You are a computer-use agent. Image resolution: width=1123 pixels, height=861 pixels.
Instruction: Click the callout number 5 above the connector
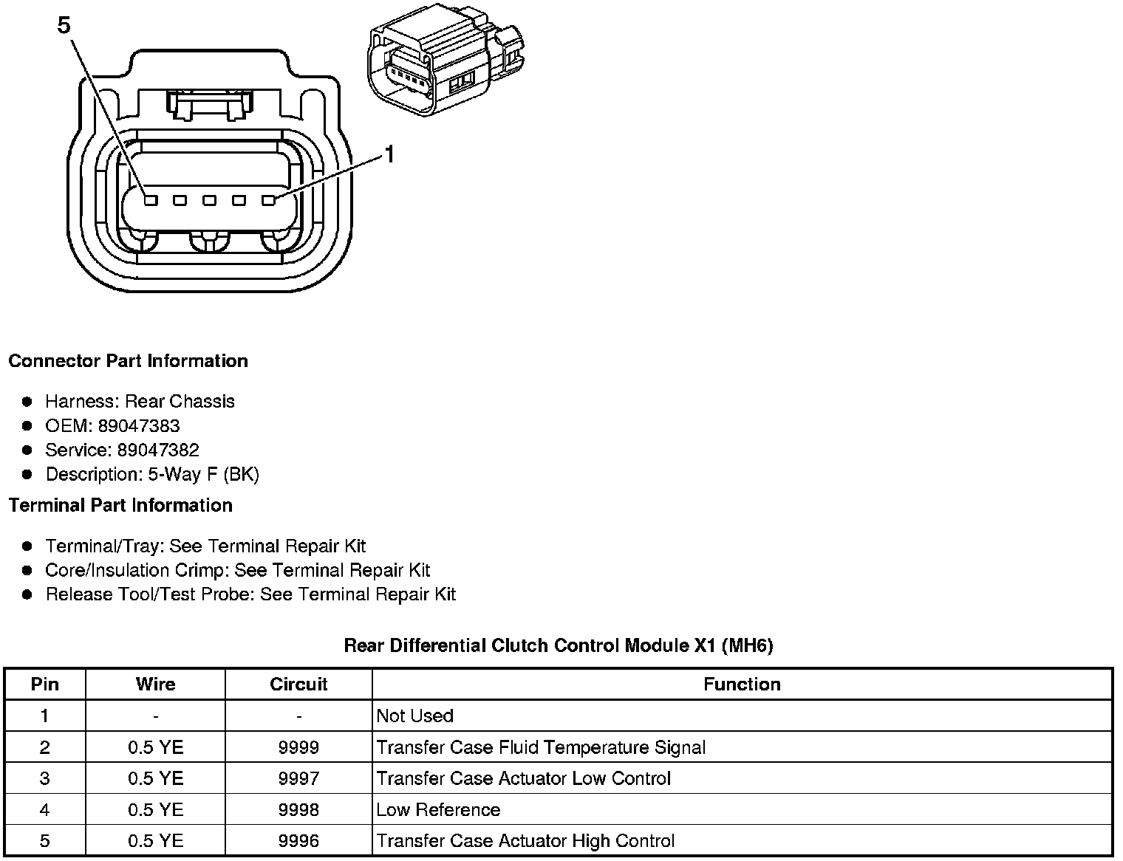click(x=64, y=26)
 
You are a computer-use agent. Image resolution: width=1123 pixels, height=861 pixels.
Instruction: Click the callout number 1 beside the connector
click(x=389, y=154)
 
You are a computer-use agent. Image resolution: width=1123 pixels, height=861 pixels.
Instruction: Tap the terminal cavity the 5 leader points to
click(x=151, y=200)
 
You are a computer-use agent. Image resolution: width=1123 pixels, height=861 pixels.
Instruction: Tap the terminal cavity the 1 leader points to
click(x=268, y=200)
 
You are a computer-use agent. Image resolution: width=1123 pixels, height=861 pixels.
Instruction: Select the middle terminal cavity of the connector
click(x=210, y=200)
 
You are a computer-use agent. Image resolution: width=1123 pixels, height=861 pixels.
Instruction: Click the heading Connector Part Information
click(x=128, y=361)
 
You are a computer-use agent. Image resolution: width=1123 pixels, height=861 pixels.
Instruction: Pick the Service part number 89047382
click(x=158, y=450)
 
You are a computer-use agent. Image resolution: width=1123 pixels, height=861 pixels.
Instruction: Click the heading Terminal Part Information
click(x=120, y=505)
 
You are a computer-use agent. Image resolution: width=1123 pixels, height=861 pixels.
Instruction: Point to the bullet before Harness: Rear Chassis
click(x=27, y=402)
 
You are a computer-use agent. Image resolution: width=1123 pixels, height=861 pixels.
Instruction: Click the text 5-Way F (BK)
click(x=204, y=475)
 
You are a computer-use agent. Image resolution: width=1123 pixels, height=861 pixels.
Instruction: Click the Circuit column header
click(x=298, y=685)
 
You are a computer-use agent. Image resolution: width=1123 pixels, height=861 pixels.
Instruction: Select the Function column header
click(x=742, y=685)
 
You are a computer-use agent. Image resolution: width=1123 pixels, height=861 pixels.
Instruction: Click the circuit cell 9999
click(x=298, y=747)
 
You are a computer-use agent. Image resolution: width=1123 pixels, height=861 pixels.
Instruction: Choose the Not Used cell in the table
click(x=414, y=716)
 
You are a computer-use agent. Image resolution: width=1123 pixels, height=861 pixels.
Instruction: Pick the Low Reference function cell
click(x=438, y=810)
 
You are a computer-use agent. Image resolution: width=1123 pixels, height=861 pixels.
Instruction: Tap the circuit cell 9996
click(x=298, y=841)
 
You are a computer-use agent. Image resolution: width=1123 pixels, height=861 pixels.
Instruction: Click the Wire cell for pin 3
click(x=155, y=778)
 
